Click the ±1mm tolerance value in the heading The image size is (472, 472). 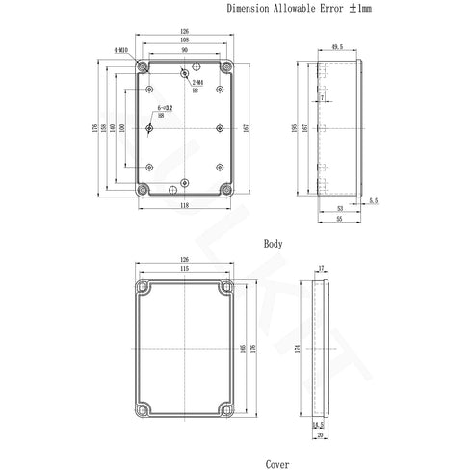tap(338, 8)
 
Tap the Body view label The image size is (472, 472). tap(274, 245)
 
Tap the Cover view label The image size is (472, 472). tap(278, 463)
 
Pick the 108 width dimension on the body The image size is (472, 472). tap(184, 41)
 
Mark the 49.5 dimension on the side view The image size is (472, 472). tap(337, 45)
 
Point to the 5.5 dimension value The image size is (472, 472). tap(373, 201)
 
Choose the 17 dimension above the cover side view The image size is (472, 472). tap(320, 269)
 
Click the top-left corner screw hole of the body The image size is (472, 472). tap(143, 67)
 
